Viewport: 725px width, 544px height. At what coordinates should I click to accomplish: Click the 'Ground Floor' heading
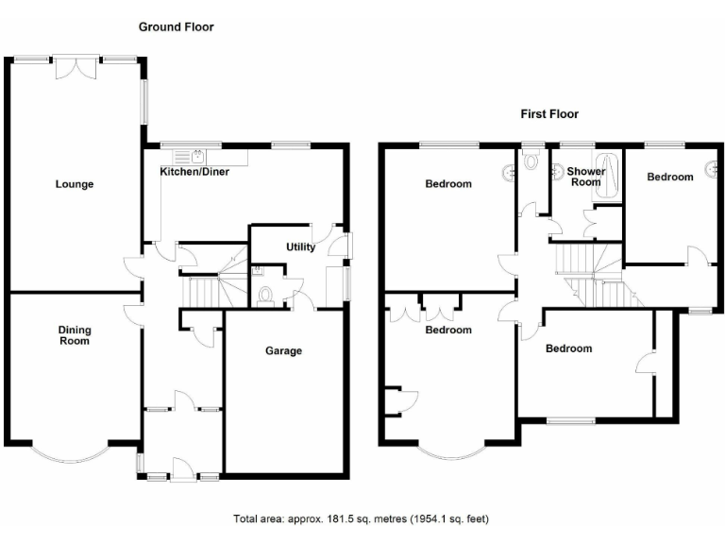tap(177, 27)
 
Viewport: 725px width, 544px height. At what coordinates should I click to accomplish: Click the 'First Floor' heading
tap(549, 114)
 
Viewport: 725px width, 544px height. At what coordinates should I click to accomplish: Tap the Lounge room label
tap(74, 184)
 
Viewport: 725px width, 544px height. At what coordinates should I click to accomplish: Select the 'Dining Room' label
tap(75, 335)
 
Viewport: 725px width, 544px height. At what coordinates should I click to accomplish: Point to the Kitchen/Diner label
tap(194, 172)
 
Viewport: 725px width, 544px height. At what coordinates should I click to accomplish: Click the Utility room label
tap(300, 247)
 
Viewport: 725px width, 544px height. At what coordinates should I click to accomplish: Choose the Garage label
tap(283, 350)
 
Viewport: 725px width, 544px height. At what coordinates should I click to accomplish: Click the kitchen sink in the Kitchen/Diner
tap(199, 157)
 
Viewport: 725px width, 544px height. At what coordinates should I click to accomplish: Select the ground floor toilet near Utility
tap(266, 295)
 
